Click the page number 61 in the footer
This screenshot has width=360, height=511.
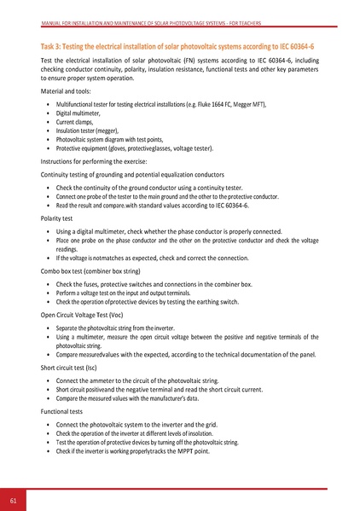pos(14,499)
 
